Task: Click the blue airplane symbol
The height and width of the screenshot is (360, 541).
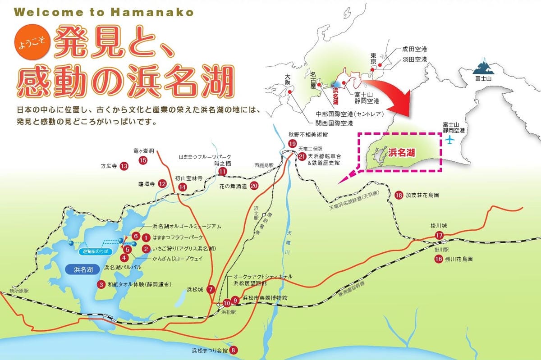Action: (x=449, y=140)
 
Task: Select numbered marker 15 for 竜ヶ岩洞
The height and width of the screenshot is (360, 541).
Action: (x=143, y=160)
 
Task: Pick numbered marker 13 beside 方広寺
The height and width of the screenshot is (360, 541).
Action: (x=124, y=166)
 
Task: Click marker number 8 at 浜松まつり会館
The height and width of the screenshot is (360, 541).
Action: (x=233, y=350)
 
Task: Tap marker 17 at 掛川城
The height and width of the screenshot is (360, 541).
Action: (x=440, y=235)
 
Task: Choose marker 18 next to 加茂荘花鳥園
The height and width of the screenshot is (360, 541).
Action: (x=399, y=195)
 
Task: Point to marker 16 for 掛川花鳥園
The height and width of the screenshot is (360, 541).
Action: (x=439, y=259)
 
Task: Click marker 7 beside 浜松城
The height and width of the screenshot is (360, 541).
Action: (x=211, y=290)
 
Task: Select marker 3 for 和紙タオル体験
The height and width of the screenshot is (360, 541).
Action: (x=101, y=284)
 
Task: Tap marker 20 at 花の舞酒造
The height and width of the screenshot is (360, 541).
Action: (x=254, y=185)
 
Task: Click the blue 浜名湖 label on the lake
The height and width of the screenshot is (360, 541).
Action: (x=83, y=270)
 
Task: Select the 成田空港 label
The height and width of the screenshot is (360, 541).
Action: (x=414, y=50)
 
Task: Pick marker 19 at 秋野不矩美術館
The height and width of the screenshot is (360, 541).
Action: (x=292, y=144)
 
